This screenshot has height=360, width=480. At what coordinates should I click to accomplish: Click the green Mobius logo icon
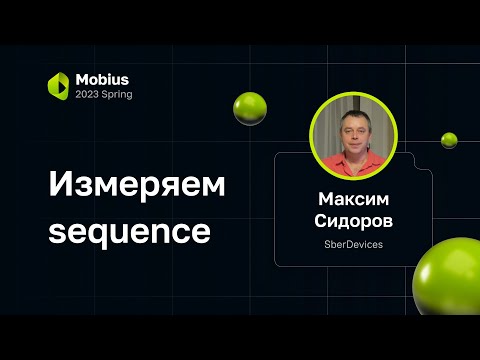pyautogui.click(x=58, y=85)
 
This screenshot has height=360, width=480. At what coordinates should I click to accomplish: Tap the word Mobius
pyautogui.click(x=103, y=78)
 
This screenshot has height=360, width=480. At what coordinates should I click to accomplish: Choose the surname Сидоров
pyautogui.click(x=353, y=220)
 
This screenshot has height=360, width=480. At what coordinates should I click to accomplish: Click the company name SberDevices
pyautogui.click(x=353, y=243)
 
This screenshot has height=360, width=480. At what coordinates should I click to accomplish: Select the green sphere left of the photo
pyautogui.click(x=249, y=108)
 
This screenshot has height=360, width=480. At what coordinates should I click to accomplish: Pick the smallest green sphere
pyautogui.click(x=449, y=140)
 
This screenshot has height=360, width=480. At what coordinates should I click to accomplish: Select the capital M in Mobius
pyautogui.click(x=83, y=78)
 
